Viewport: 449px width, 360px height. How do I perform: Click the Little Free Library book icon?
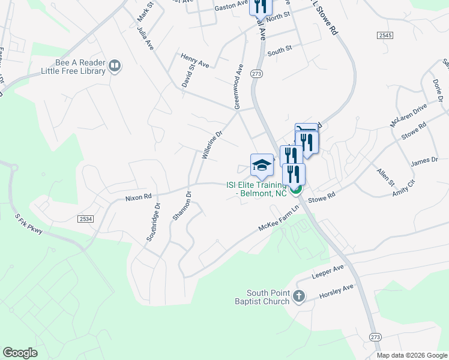[115, 65]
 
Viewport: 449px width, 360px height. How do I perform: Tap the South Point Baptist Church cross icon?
[298, 296]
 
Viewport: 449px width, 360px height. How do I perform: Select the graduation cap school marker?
[262, 165]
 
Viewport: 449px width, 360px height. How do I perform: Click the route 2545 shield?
[385, 36]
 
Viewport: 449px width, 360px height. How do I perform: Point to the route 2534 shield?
[86, 220]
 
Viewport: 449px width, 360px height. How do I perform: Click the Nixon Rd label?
[139, 197]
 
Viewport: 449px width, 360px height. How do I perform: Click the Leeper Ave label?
[328, 272]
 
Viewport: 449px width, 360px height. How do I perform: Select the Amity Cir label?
[403, 187]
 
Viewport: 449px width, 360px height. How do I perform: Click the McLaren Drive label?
[408, 115]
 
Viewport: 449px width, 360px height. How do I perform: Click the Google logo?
[20, 352]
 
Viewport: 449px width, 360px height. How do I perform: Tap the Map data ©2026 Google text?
[411, 355]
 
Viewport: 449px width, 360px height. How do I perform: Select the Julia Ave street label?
[145, 38]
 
